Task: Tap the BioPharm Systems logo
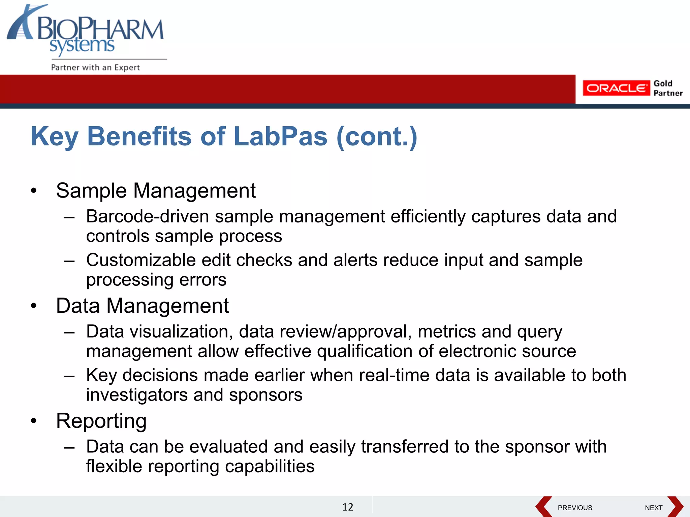86,32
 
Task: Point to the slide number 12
348,507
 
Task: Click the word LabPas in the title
280,136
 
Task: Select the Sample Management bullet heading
156,191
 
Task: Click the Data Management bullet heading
142,306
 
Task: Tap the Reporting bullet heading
101,421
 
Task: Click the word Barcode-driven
148,216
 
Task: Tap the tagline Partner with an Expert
95,67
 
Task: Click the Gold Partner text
668,88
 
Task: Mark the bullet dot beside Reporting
33,421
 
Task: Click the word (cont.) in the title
377,136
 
